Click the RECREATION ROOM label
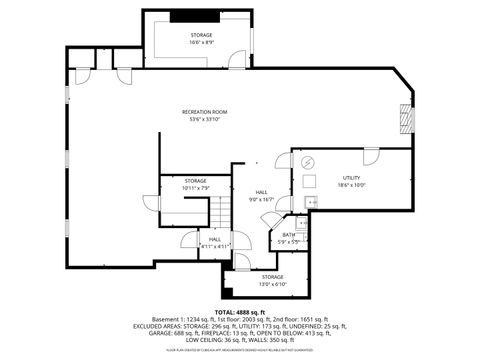tap(205, 111)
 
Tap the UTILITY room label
tap(351, 177)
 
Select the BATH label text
tap(288, 235)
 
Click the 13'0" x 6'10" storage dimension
tap(272, 283)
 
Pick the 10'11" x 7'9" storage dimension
tap(195, 187)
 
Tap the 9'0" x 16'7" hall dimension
tap(261, 199)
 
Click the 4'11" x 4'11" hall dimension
tap(215, 245)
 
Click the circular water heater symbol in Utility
tap(308, 162)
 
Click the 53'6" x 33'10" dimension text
tap(205, 118)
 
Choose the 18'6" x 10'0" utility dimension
tap(351, 184)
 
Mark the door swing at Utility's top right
tap(370, 158)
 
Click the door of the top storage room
tap(237, 59)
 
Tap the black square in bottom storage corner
tap(231, 291)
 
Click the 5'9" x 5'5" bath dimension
tap(288, 241)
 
